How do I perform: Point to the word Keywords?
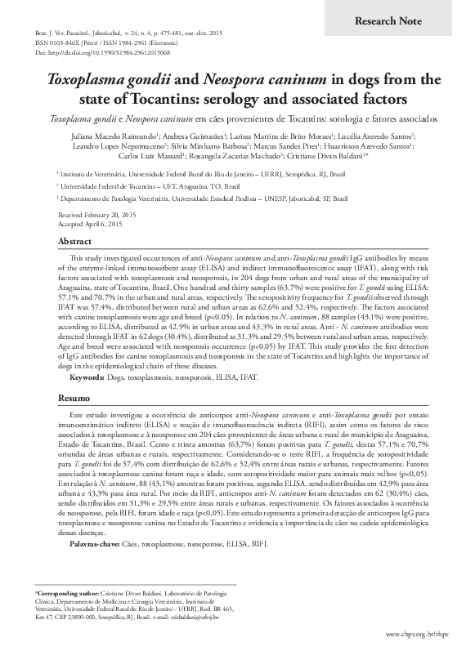click(87, 378)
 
